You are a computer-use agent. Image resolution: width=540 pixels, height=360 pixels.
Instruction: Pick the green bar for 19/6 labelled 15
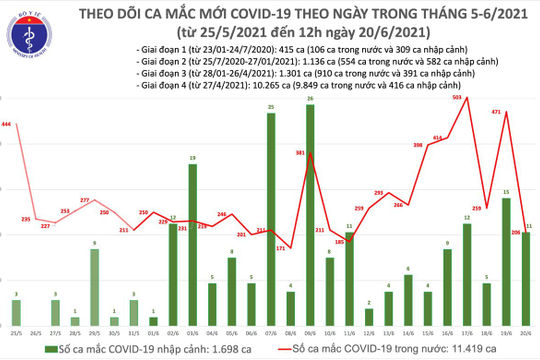tap(507, 256)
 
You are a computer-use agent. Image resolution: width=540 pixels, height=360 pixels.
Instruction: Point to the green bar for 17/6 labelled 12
tap(467, 269)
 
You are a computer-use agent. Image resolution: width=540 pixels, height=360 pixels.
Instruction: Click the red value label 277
tap(84, 201)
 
